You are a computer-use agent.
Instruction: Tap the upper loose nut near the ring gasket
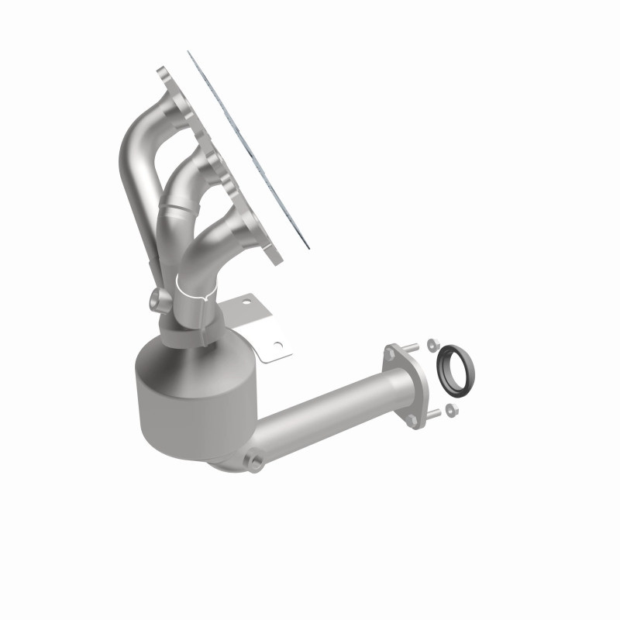[x=431, y=340]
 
